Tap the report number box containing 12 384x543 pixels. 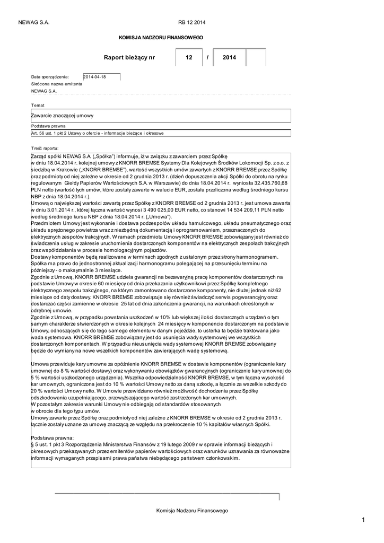click(x=189, y=57)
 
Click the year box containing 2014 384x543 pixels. click(x=229, y=57)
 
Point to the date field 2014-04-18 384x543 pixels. click(x=102, y=77)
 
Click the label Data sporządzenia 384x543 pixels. click(x=50, y=77)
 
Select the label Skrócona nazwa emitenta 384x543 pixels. click(x=57, y=84)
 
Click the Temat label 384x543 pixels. click(x=38, y=106)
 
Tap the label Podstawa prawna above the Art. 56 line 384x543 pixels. click(x=48, y=126)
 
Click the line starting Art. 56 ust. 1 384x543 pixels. click(x=97, y=133)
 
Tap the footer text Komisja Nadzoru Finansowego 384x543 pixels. click(x=191, y=510)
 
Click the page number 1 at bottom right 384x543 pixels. click(x=364, y=520)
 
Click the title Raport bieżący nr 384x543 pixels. click(x=130, y=57)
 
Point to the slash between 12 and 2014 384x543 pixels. click(x=207, y=57)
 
